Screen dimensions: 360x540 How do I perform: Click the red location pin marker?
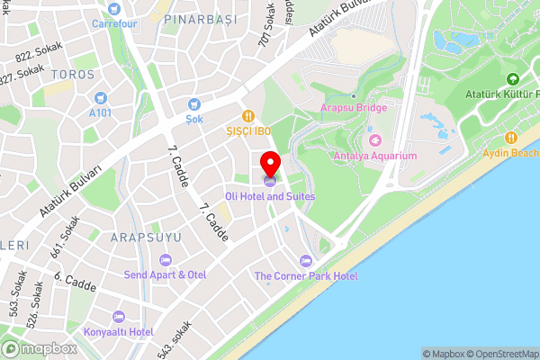click(x=270, y=164)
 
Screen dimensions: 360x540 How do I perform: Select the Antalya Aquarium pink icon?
click(x=375, y=139)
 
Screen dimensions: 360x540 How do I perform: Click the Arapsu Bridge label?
click(x=354, y=107)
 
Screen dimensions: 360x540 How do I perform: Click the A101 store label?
click(x=100, y=113)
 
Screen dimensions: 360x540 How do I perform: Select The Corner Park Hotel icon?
click(x=304, y=260)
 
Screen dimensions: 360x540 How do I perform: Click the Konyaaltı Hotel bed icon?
click(x=118, y=316)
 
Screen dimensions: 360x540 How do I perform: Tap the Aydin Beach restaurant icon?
click(x=511, y=138)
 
